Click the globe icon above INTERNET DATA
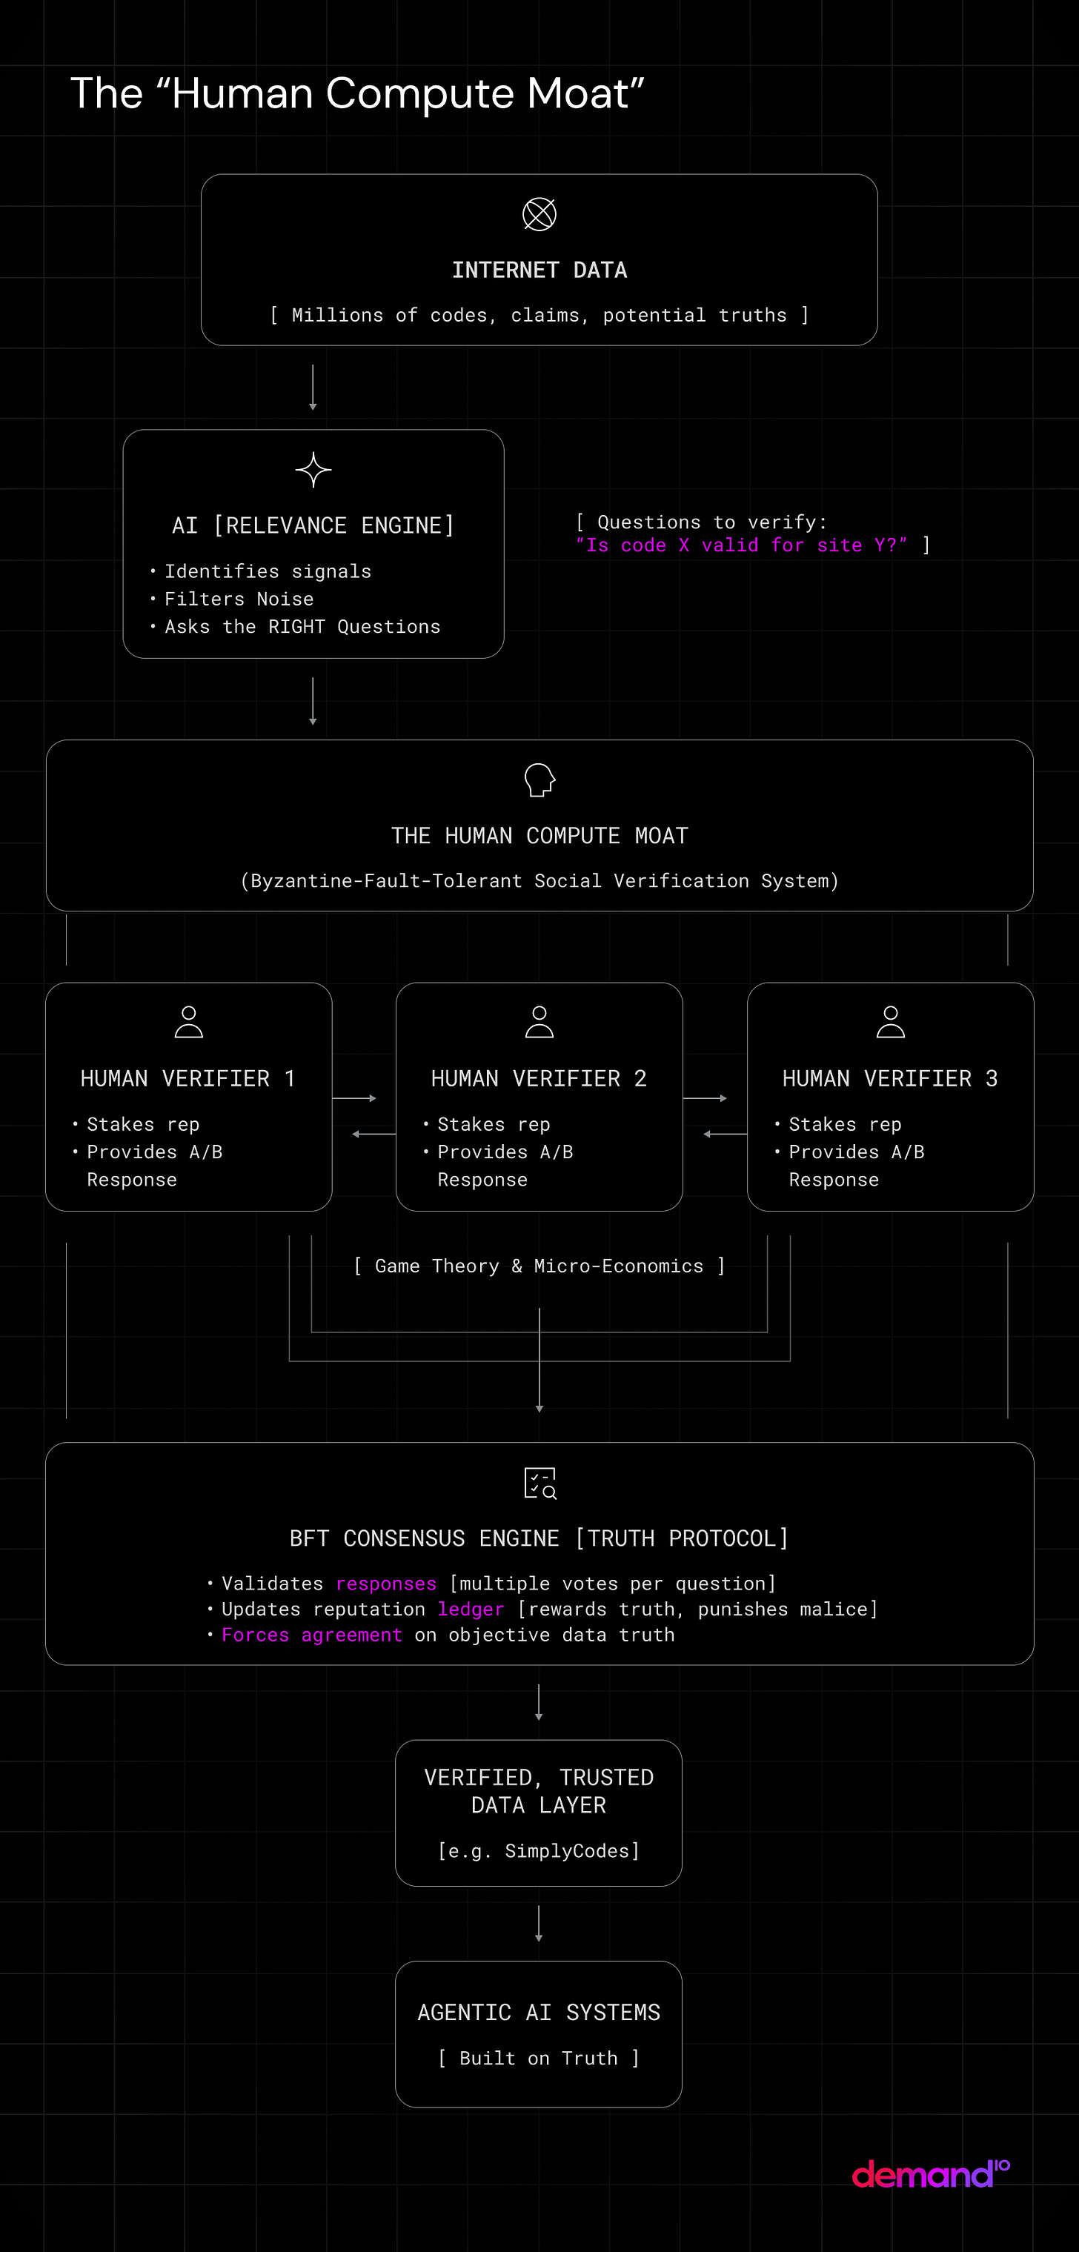click(x=539, y=214)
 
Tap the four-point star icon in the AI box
click(x=313, y=471)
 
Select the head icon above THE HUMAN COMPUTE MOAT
click(x=539, y=780)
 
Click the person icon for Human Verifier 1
click(x=189, y=1021)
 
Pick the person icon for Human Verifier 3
click(x=890, y=1021)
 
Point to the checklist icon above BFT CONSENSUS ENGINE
click(x=540, y=1484)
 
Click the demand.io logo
click(x=930, y=2173)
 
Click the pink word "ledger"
click(x=471, y=1610)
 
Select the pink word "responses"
click(x=385, y=1584)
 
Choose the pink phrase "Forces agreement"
click(x=312, y=1635)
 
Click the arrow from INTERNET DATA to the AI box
click(x=313, y=388)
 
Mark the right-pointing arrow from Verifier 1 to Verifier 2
click(x=354, y=1098)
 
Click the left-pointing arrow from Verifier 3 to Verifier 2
click(x=725, y=1134)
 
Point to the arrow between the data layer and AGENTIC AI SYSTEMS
click(x=539, y=1923)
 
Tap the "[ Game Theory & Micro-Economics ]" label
click(x=539, y=1266)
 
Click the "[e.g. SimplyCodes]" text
click(x=539, y=1851)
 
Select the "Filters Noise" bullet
click(x=239, y=599)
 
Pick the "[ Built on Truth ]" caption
click(x=539, y=2058)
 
